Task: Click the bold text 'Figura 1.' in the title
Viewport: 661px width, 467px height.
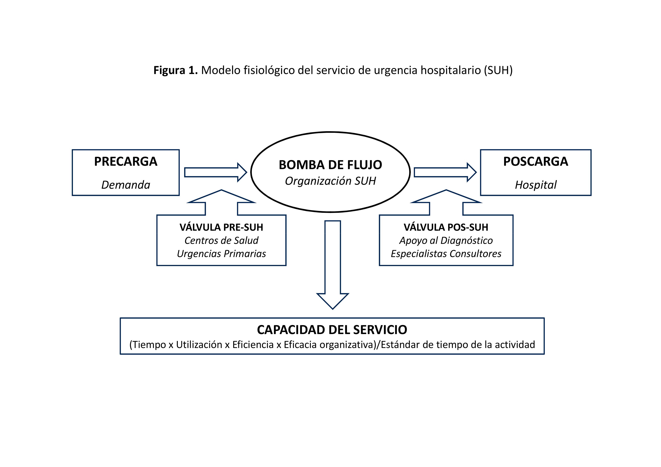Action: click(175, 70)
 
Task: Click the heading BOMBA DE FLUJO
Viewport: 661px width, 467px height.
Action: click(330, 165)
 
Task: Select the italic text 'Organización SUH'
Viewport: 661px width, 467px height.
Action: click(330, 181)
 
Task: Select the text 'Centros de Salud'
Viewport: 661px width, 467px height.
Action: click(221, 240)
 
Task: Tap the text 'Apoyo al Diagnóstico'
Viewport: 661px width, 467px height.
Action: click(446, 240)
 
